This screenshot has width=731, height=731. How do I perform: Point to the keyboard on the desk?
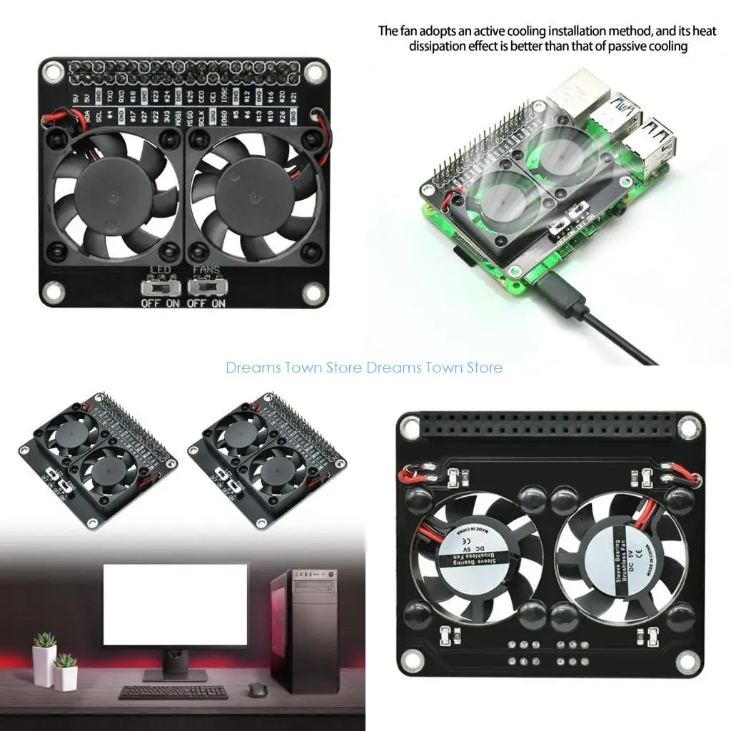(x=173, y=692)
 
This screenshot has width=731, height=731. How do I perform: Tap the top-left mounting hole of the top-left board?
(x=52, y=71)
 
